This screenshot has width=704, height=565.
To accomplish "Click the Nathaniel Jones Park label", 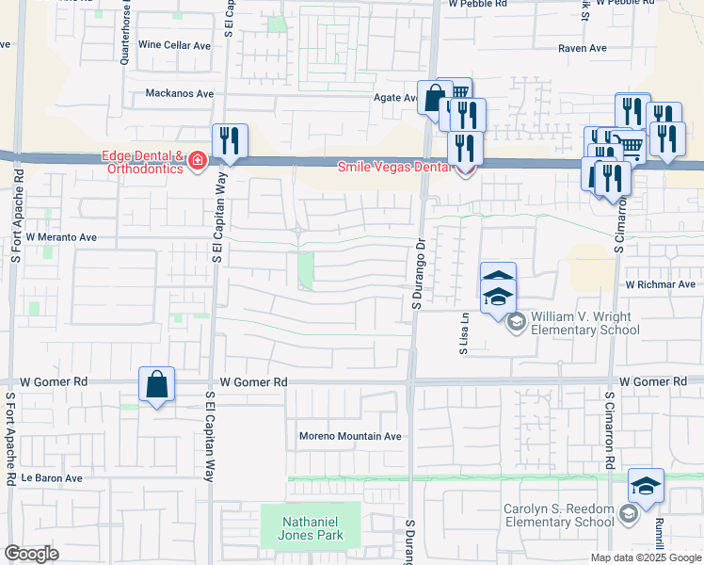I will pyautogui.click(x=311, y=526).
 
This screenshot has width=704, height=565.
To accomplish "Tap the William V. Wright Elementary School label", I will pyautogui.click(x=585, y=323).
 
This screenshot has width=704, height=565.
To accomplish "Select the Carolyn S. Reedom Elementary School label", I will pyautogui.click(x=558, y=515).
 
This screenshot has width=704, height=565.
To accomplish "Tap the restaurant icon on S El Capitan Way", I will pyautogui.click(x=230, y=141).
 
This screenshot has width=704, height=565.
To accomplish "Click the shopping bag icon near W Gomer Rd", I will pyautogui.click(x=156, y=384).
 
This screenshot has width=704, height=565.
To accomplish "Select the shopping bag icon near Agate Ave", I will pyautogui.click(x=435, y=97).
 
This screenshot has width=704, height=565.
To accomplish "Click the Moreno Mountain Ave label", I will pyautogui.click(x=350, y=436).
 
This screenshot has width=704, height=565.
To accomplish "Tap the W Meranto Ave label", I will pyautogui.click(x=62, y=238).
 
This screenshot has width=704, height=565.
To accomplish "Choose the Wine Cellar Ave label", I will pyautogui.click(x=174, y=45).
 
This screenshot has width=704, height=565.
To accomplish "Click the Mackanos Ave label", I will pyautogui.click(x=180, y=94).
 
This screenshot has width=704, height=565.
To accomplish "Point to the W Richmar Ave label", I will pyautogui.click(x=660, y=283).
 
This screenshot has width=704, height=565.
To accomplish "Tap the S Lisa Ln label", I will pyautogui.click(x=463, y=332).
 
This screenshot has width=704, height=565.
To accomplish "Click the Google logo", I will pyautogui.click(x=32, y=554).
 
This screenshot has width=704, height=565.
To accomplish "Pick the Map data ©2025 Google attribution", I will pyautogui.click(x=646, y=557).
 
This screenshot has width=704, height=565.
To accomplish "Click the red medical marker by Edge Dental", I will pyautogui.click(x=198, y=161).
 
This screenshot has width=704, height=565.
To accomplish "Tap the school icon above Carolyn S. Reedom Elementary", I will pyautogui.click(x=646, y=486).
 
